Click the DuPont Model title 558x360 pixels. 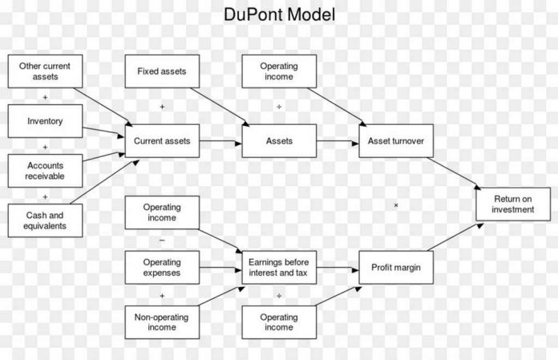pyautogui.click(x=279, y=14)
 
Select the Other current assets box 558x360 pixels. pyautogui.click(x=38, y=71)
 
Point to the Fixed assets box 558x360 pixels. pyautogui.click(x=162, y=71)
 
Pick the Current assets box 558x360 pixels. pyautogui.click(x=162, y=141)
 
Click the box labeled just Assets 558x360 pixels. pyautogui.click(x=279, y=141)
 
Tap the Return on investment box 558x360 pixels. pyautogui.click(x=513, y=204)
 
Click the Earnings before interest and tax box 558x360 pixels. pyautogui.click(x=279, y=267)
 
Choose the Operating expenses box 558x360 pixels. pyautogui.click(x=162, y=267)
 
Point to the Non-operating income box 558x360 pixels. pyautogui.click(x=162, y=322)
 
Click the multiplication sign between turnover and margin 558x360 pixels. pyautogui.click(x=396, y=206)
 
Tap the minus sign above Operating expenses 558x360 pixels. pyautogui.click(x=162, y=240)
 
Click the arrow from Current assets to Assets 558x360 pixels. pyautogui.click(x=220, y=142)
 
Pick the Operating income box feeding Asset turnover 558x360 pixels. pyautogui.click(x=279, y=71)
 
